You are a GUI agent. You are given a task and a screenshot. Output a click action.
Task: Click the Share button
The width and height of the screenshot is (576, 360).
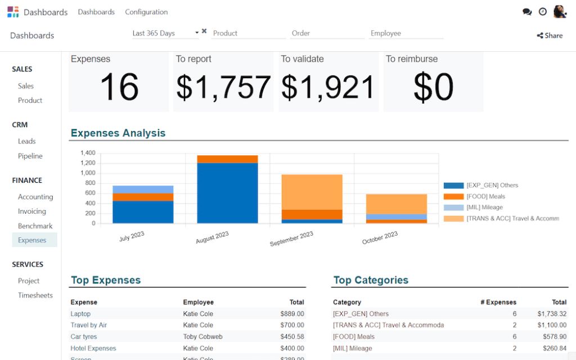(550, 35)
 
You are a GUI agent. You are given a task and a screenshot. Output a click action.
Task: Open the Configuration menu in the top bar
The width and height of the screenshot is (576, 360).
(146, 12)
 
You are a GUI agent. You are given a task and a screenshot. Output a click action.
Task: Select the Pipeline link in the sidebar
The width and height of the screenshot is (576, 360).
(30, 156)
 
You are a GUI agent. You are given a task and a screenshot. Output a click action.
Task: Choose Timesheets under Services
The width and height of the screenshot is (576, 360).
(35, 295)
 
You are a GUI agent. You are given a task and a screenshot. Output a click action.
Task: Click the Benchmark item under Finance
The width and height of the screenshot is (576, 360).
(35, 226)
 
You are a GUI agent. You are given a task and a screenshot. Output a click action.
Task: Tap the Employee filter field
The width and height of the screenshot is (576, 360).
(406, 33)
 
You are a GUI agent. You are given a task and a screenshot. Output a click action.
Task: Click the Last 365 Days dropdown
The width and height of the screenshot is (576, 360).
(165, 33)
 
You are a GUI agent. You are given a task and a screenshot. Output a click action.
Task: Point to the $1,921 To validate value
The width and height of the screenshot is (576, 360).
(328, 87)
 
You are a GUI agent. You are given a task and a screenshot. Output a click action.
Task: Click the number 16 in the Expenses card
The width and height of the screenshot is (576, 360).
(119, 87)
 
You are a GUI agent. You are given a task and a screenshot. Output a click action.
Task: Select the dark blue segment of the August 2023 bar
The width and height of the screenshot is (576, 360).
(227, 193)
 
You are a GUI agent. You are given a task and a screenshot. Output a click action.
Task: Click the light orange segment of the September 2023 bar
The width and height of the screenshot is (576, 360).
(312, 192)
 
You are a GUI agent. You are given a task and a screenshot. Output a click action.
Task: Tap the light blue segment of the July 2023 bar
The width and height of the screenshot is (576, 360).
(143, 189)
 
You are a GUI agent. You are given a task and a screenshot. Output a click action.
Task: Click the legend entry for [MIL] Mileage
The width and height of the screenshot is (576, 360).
(484, 208)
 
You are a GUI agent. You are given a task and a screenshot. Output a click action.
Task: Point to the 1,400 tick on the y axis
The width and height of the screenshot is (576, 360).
(88, 153)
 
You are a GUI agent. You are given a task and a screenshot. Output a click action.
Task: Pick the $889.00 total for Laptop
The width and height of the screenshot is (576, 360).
(292, 314)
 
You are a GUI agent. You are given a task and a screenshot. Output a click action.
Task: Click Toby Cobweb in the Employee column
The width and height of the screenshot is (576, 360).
(201, 336)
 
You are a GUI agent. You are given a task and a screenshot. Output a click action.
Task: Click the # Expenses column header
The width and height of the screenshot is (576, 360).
(498, 302)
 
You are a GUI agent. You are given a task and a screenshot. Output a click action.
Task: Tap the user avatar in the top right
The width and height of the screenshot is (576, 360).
(560, 12)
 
